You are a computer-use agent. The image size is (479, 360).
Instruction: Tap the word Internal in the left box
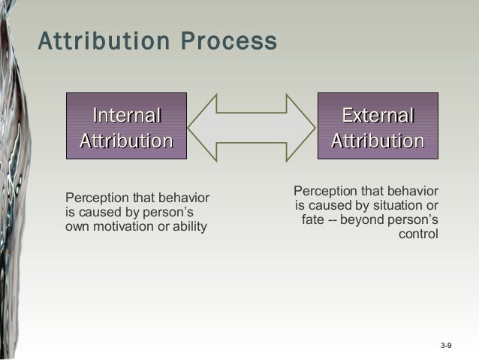126,116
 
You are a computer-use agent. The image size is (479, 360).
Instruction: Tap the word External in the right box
378,116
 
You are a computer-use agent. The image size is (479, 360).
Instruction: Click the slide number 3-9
445,345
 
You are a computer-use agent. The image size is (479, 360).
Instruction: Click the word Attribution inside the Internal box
126,141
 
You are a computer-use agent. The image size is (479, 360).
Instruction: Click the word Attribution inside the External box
378,141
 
